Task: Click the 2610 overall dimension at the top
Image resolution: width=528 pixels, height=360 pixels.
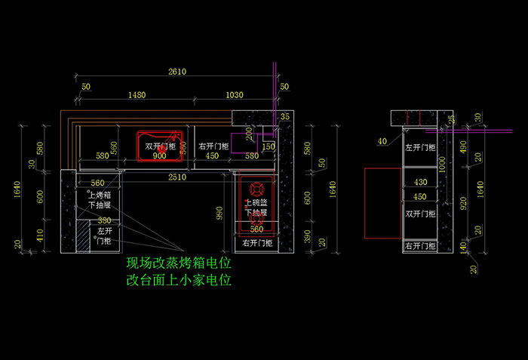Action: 177,72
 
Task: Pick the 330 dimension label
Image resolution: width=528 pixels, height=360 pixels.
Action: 103,220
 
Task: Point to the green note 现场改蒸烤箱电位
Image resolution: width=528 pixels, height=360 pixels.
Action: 178,264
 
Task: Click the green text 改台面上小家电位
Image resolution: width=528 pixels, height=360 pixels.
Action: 178,280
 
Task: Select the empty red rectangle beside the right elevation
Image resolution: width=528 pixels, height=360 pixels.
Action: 382,203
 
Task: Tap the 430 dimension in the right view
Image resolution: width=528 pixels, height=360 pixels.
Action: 420,182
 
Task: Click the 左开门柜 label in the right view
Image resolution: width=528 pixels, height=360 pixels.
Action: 419,147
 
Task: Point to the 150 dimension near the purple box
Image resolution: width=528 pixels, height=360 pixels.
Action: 269,146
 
